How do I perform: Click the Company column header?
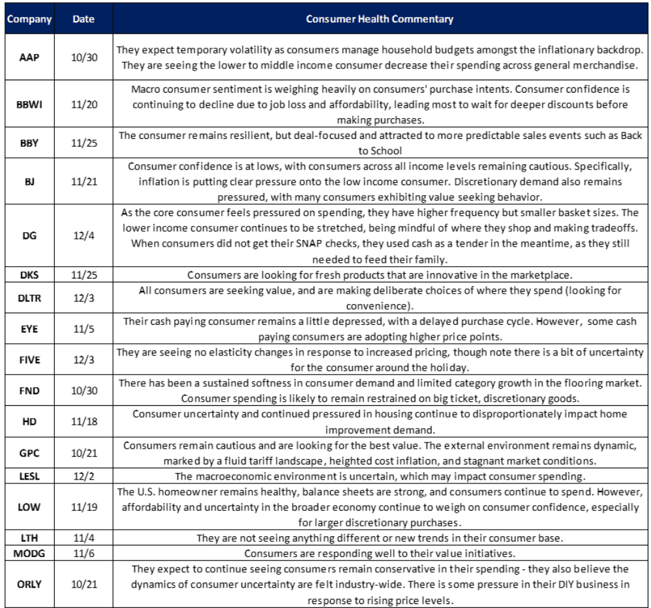29,19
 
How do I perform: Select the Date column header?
83,19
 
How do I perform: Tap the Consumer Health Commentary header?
380,19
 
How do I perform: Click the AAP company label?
29,57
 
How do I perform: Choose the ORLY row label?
29,583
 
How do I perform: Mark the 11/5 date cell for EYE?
83,328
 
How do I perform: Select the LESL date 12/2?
83,477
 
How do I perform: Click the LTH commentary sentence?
380,538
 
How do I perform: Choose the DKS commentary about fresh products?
380,275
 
